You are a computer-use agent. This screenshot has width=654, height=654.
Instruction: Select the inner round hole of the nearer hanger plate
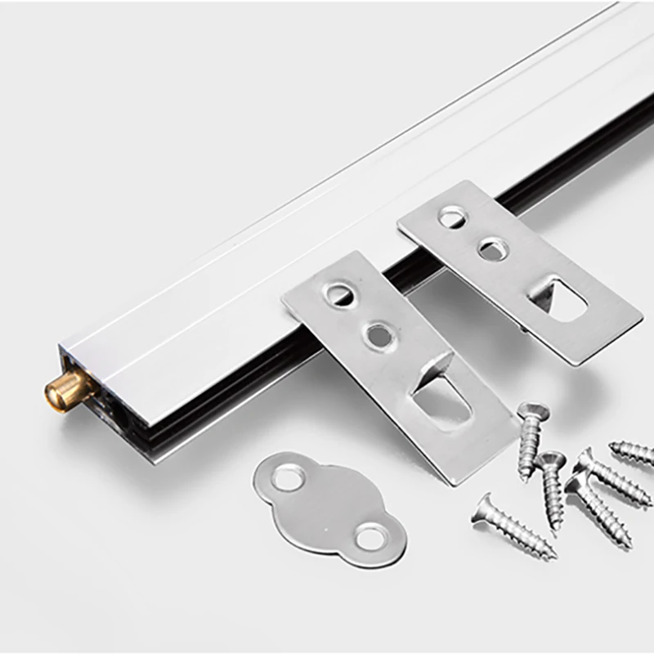[379, 333]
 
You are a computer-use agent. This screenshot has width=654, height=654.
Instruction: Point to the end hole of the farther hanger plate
[452, 217]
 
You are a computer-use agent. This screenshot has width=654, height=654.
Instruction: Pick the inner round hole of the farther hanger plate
[492, 249]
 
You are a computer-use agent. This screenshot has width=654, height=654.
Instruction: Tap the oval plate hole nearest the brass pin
[287, 477]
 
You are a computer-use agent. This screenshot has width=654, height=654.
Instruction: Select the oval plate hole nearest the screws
[370, 537]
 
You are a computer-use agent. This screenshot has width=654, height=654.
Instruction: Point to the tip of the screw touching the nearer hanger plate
[524, 474]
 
